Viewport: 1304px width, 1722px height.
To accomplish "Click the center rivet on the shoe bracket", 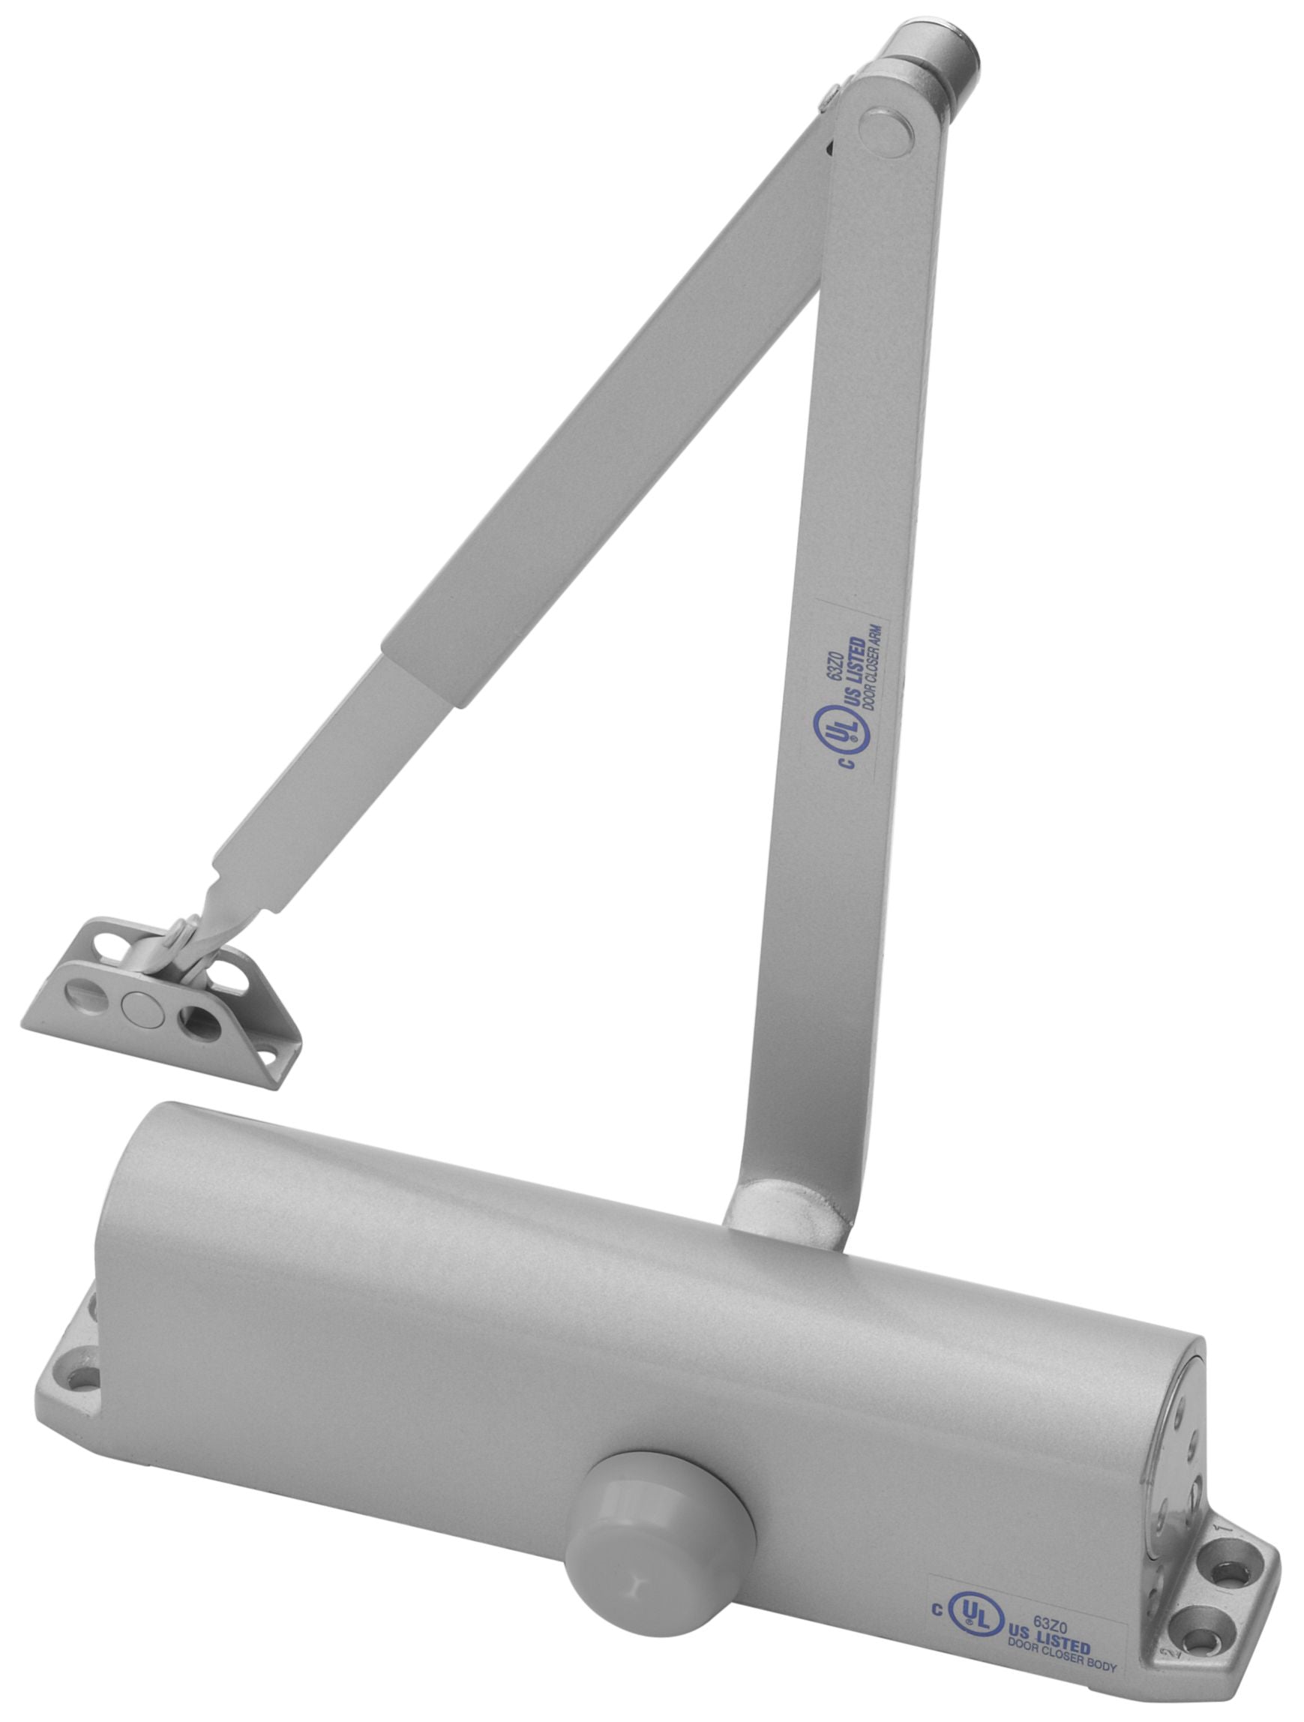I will coord(140,1007).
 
